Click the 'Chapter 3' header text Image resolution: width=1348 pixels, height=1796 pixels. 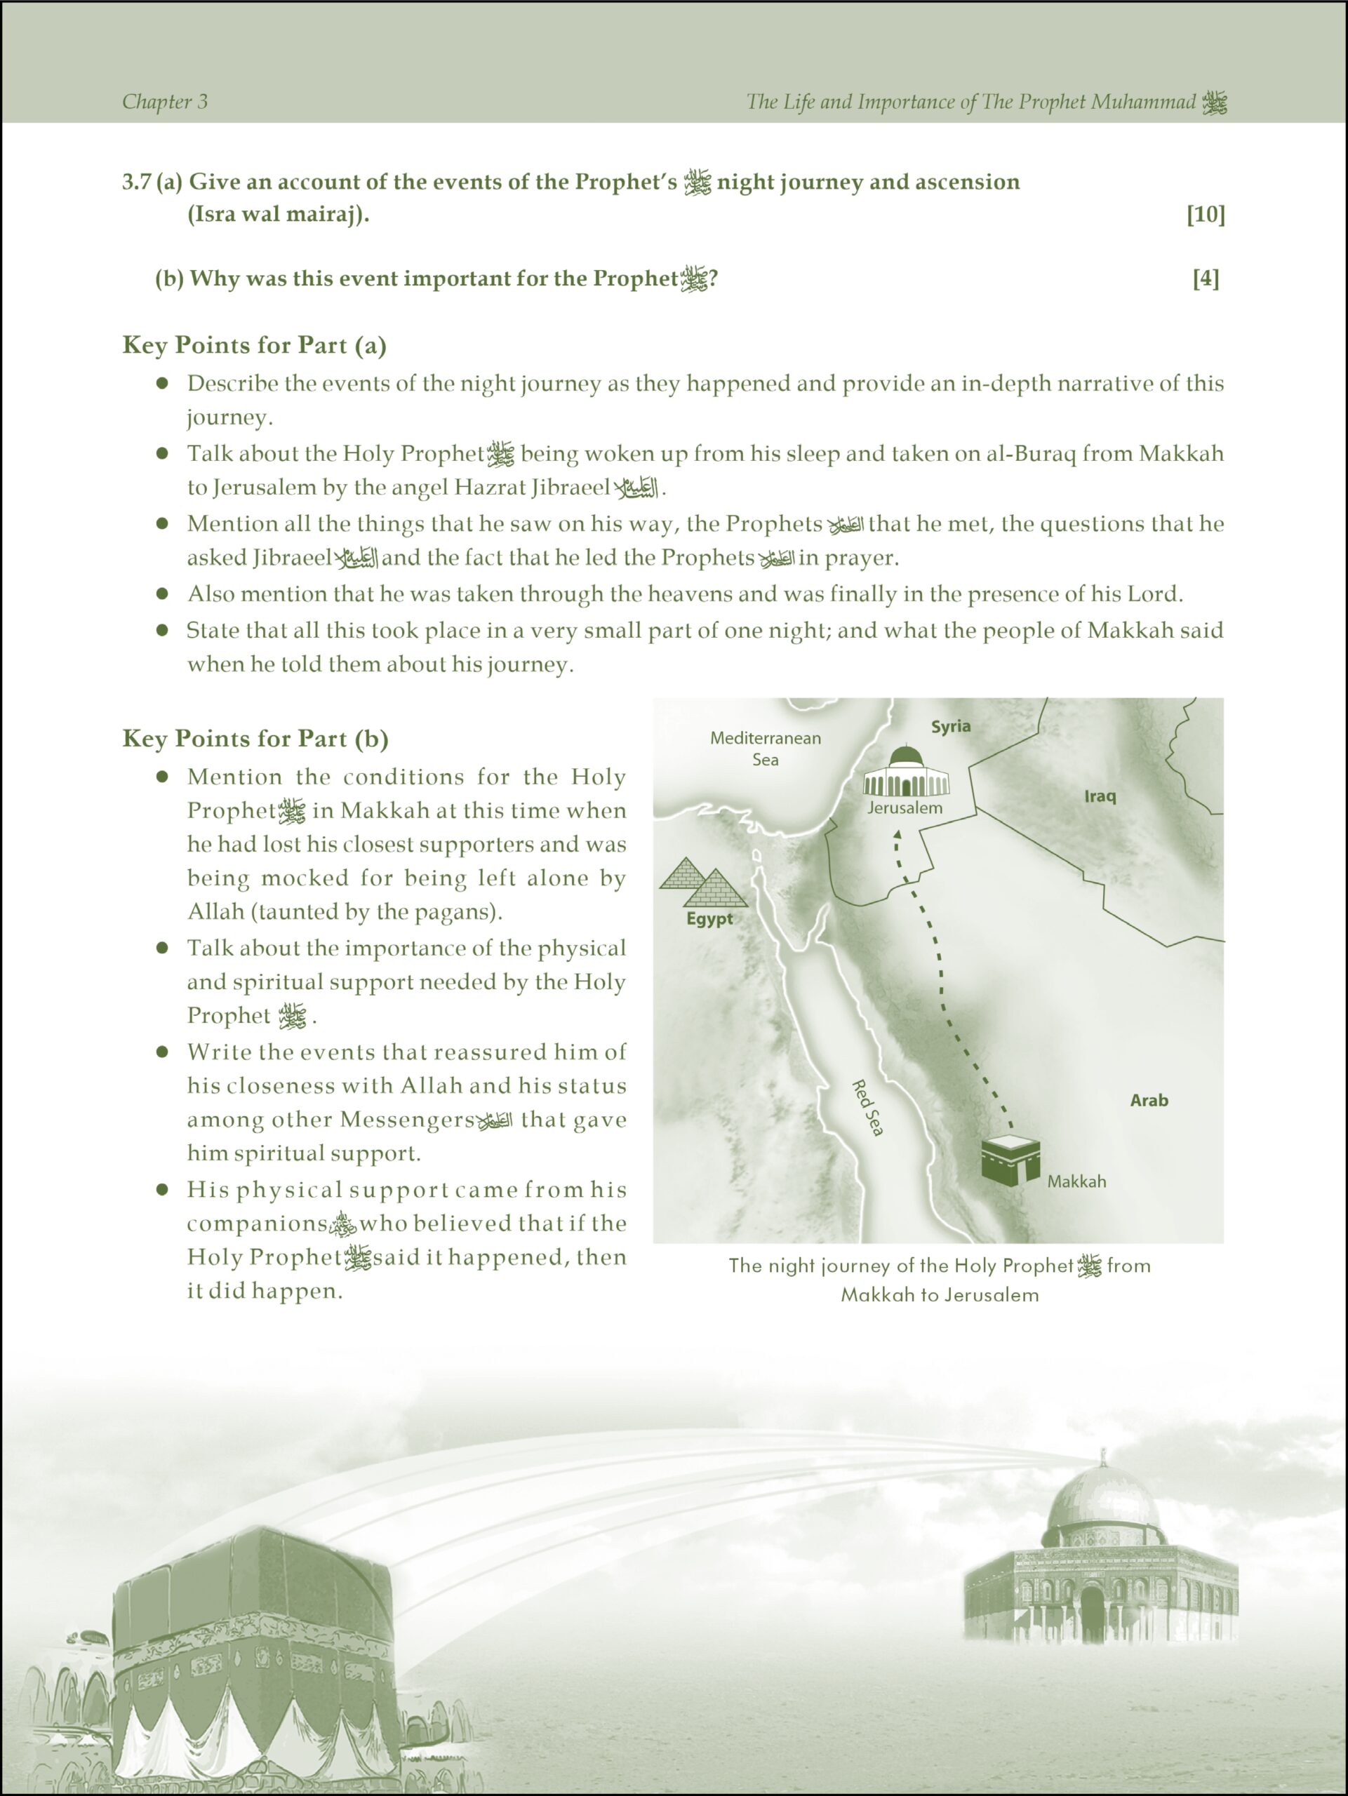click(165, 102)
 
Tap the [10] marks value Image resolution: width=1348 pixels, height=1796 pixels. click(1205, 215)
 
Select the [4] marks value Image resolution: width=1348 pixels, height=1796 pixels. click(1206, 279)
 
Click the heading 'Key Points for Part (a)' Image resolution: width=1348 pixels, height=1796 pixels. click(254, 345)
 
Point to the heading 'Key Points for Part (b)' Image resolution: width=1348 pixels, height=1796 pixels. click(255, 738)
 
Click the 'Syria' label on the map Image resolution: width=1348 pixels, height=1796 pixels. click(951, 726)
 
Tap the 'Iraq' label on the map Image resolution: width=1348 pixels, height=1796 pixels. click(1100, 796)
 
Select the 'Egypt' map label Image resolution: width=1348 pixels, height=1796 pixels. click(709, 919)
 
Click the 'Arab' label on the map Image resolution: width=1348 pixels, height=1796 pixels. click(1149, 1100)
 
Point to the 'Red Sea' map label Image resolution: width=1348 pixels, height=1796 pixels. click(867, 1108)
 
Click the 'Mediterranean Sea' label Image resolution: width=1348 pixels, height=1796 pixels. click(765, 749)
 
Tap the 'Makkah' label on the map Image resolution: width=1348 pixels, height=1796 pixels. click(1076, 1181)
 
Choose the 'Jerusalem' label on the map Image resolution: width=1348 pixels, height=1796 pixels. click(905, 808)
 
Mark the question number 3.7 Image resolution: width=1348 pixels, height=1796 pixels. click(136, 182)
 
